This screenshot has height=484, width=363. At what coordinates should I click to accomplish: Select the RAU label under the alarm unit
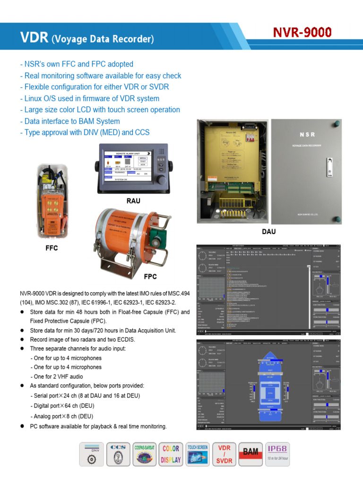(x=133, y=201)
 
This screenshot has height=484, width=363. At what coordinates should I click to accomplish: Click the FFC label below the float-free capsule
(x=52, y=248)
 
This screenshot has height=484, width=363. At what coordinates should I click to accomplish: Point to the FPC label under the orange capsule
(x=150, y=276)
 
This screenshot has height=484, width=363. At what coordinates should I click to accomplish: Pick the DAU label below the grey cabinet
(x=268, y=232)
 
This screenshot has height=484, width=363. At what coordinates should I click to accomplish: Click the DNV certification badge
(x=93, y=455)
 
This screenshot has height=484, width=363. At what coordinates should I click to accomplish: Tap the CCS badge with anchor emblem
(x=118, y=455)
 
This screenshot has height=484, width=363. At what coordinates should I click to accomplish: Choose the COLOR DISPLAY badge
(x=171, y=455)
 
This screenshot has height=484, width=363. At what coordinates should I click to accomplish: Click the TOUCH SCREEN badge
(x=198, y=455)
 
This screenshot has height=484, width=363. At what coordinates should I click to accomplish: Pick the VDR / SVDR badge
(x=224, y=455)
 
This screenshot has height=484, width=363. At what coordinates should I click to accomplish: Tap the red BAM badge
(x=251, y=455)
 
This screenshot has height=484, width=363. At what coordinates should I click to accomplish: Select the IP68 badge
(x=277, y=455)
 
